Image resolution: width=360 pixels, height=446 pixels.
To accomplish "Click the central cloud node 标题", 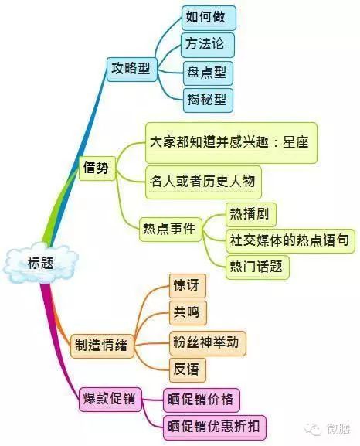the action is tap(41, 263).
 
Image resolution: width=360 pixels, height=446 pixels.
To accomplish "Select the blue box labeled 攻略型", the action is tap(131, 70).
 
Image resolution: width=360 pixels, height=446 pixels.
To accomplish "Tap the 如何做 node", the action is tap(209, 18).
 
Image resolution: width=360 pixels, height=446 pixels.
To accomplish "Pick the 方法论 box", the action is tap(208, 45).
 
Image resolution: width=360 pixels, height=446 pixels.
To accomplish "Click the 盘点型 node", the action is tap(208, 73).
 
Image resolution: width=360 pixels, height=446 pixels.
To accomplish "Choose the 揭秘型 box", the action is tap(208, 100).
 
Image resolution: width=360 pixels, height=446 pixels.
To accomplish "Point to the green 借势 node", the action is tap(97, 168).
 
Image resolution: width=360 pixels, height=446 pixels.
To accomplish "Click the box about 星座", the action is tap(231, 143).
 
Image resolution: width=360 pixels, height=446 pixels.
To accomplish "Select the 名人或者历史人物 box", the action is tap(203, 182).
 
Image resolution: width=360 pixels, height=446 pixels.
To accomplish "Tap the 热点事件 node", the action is tap(170, 230).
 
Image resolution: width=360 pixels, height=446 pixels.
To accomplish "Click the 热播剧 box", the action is tap(251, 214).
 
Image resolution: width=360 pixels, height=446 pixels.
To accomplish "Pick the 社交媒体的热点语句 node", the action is tap(290, 241).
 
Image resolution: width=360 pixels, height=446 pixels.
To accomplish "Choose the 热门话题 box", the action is tap(257, 267).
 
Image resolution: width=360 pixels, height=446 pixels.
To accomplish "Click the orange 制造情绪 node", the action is tap(102, 346).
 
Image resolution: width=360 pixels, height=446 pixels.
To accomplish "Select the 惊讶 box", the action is tap(188, 286).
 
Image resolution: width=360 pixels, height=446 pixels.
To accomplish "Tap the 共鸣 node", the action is tap(188, 313).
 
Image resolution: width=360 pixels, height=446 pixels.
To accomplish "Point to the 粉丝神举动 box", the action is tap(208, 343).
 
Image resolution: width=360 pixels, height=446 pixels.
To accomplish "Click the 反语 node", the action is tap(188, 370).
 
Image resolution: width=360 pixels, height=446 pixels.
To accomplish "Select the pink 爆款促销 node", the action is tap(110, 400).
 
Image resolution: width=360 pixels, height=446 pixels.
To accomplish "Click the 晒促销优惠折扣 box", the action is tap(215, 427).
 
